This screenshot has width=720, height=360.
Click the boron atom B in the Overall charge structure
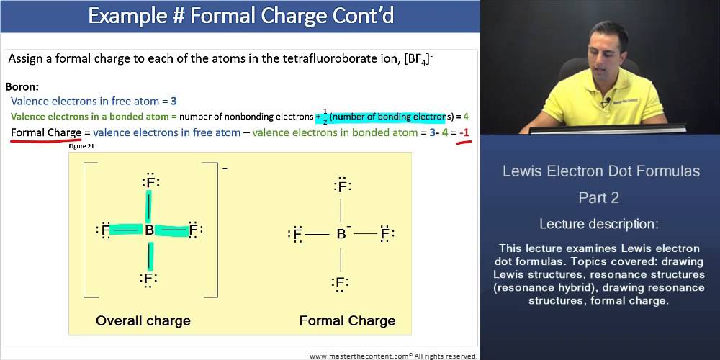point(149,230)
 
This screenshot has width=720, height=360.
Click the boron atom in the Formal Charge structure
point(341,234)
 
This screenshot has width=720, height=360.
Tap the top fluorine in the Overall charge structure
point(150,183)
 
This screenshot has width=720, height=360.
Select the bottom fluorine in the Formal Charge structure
point(342,282)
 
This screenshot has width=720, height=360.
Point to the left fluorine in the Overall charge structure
point(105,230)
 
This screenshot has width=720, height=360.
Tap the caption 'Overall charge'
point(143,320)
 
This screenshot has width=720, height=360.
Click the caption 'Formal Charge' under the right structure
point(347,320)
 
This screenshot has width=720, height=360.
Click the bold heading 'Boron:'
point(22,86)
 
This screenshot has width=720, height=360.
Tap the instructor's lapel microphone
point(607,102)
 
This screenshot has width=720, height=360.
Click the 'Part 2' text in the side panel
point(599,197)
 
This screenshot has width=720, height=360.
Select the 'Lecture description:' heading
point(599,223)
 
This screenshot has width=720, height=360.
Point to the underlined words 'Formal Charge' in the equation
point(45,132)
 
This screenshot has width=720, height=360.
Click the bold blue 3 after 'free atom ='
point(174,101)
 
